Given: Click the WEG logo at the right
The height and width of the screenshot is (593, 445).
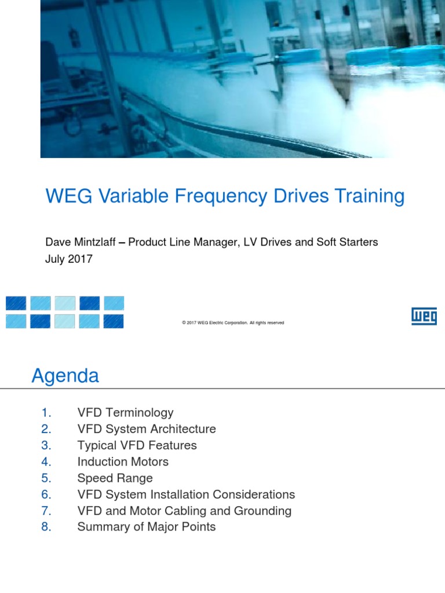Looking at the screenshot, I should (x=424, y=316).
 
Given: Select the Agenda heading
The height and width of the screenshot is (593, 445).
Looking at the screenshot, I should (x=65, y=376).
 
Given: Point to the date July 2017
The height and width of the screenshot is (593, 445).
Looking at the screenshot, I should (x=68, y=259).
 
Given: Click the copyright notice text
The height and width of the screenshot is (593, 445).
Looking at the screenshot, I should (x=232, y=323).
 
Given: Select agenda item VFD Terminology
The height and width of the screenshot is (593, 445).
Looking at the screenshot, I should (x=125, y=413).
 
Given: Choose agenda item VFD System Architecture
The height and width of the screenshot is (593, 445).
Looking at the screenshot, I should (x=147, y=429).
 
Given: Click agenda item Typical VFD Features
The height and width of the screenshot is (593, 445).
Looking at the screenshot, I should (x=137, y=445).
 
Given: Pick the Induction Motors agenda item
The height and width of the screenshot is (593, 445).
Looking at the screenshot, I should (x=123, y=462).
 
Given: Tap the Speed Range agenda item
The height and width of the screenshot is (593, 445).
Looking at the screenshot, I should (x=115, y=478).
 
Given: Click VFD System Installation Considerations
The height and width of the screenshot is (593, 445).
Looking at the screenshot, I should (x=186, y=495).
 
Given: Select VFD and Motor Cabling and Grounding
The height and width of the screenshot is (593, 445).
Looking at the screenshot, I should (x=184, y=511).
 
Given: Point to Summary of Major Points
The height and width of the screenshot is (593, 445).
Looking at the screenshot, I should (x=147, y=527).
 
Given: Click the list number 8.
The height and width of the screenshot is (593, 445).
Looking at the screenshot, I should (x=47, y=527).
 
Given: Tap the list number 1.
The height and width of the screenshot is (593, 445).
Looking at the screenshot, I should (x=47, y=413).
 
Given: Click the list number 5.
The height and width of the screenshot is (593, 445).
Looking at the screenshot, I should (x=47, y=478).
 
